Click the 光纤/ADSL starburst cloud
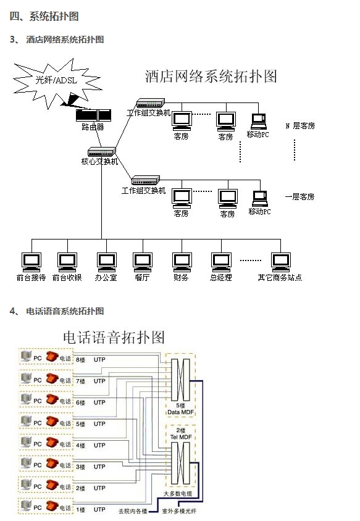(54, 81)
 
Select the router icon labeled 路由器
(93, 115)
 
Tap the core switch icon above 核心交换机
(101, 152)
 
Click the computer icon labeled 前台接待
(30, 262)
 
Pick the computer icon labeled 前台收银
(67, 262)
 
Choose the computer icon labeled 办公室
(106, 262)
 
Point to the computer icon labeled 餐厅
(143, 262)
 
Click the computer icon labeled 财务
(181, 262)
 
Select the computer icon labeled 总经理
(220, 262)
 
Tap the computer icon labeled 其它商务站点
(280, 262)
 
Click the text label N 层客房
(300, 126)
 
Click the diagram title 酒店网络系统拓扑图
(211, 77)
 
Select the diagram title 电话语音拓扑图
(114, 337)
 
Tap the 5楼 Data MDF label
(180, 409)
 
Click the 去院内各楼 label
(133, 511)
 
